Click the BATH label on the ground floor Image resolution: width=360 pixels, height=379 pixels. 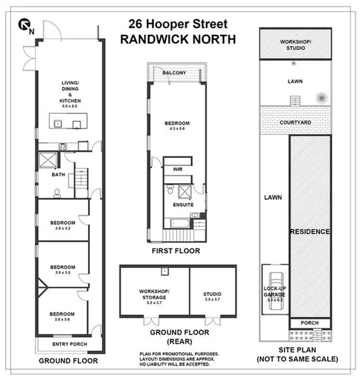tap(59, 175)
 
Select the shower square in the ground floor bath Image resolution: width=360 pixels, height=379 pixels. tap(49, 159)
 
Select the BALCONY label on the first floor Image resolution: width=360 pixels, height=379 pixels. tap(178, 72)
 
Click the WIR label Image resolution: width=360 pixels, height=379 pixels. tap(178, 170)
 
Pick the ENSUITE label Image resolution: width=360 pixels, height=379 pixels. tap(183, 205)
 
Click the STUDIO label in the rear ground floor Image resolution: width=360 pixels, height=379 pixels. tap(212, 294)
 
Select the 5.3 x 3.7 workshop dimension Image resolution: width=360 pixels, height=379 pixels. tap(154, 302)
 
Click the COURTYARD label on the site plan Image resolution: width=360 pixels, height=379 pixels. tap(296, 123)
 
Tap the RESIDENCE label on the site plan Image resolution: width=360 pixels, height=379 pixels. tap(309, 231)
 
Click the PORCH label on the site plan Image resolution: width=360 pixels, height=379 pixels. tap(309, 322)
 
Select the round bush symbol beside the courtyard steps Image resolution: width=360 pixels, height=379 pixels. tap(323, 98)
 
